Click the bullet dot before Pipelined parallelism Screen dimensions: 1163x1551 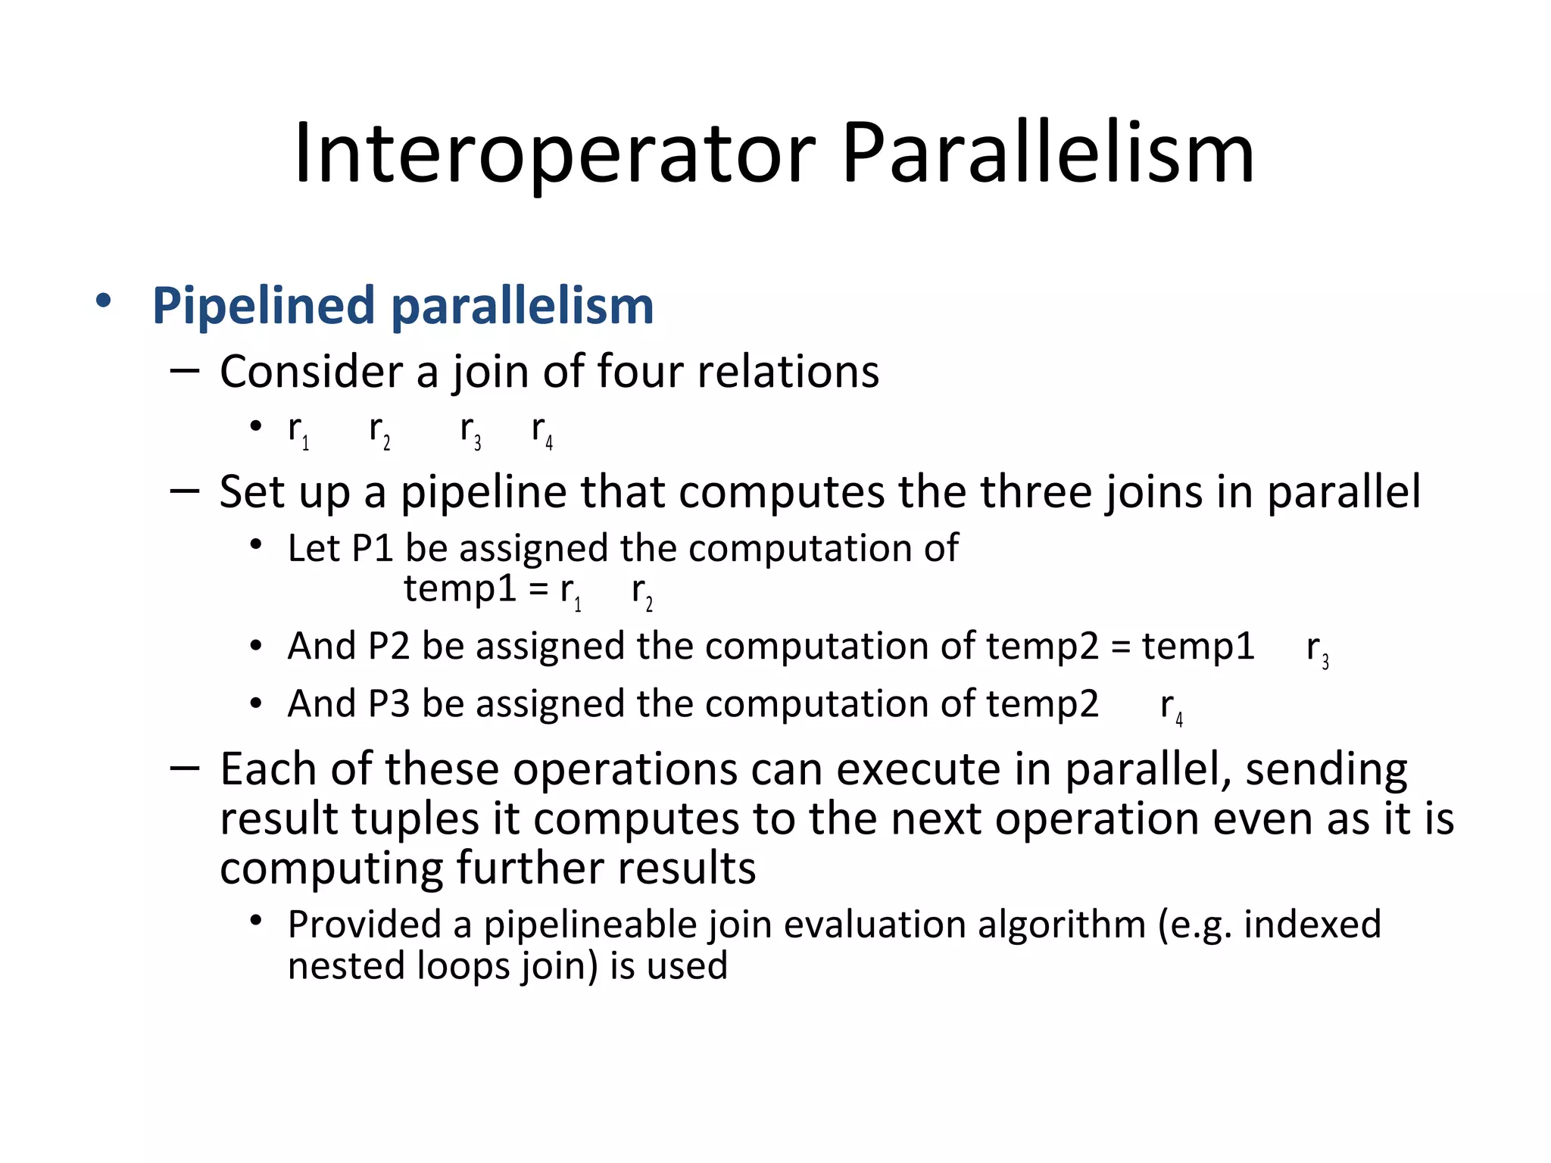[104, 301]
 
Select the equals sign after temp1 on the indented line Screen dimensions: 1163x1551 [538, 589]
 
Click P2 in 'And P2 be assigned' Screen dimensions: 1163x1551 [389, 647]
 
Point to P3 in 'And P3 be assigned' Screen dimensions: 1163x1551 [389, 704]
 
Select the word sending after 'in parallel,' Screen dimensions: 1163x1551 [1326, 771]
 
